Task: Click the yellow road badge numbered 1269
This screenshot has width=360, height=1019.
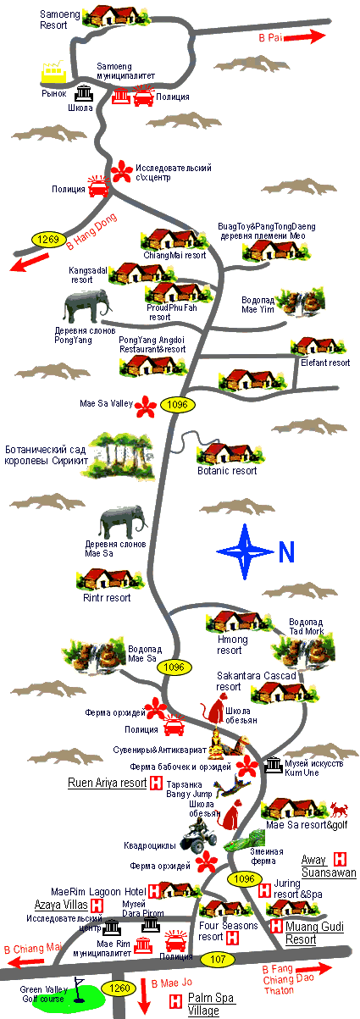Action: [x=47, y=239]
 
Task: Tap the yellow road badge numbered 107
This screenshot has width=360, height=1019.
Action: [x=218, y=959]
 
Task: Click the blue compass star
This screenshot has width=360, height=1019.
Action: [x=245, y=551]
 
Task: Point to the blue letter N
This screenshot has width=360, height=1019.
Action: [x=286, y=551]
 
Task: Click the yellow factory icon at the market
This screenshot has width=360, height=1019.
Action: [x=54, y=73]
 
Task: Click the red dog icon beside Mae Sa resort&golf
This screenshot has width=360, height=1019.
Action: [x=339, y=810]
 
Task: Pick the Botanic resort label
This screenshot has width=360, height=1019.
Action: [x=227, y=471]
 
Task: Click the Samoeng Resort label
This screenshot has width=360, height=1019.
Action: [x=59, y=20]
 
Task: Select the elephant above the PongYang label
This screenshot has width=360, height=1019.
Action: [x=87, y=307]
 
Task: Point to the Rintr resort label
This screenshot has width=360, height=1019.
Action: [x=107, y=597]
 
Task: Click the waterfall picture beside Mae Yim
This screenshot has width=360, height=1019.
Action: [x=302, y=302]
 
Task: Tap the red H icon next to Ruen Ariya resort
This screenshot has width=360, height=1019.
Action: [x=156, y=783]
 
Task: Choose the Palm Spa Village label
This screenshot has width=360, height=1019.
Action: [x=211, y=1004]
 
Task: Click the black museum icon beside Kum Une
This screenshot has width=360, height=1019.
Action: [x=274, y=765]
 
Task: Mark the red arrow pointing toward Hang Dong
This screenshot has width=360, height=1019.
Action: [x=29, y=263]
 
